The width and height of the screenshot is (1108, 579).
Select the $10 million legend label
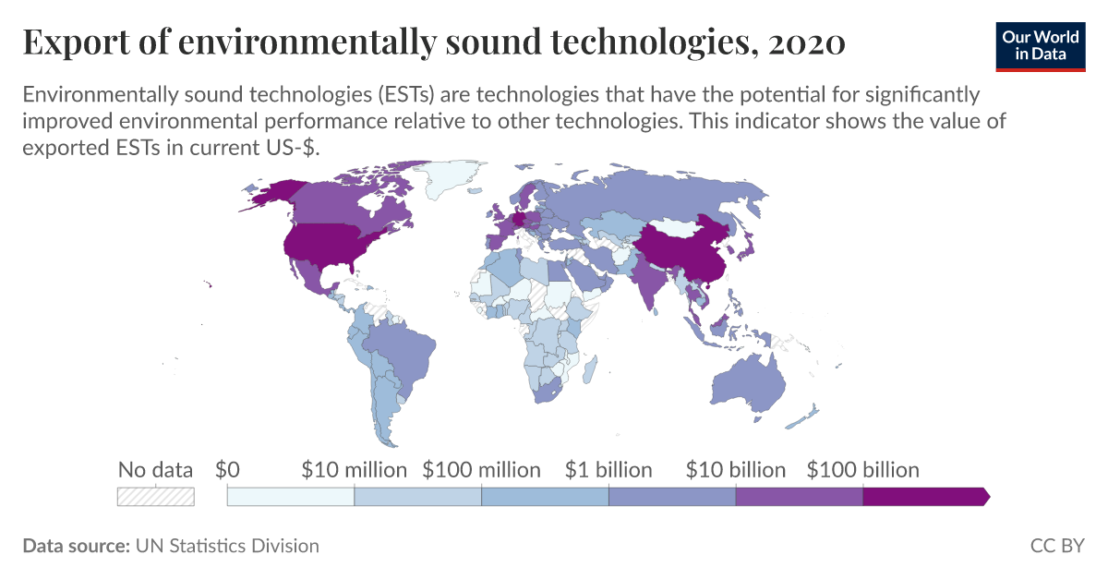[x=354, y=470]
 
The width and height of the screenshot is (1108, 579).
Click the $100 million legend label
[x=481, y=470]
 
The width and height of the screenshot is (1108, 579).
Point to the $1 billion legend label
[x=608, y=470]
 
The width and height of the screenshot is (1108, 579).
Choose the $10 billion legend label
[x=736, y=470]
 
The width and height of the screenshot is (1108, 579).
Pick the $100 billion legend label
[x=862, y=470]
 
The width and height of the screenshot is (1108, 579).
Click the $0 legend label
[x=227, y=470]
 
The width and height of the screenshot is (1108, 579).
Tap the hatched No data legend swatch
[x=155, y=497]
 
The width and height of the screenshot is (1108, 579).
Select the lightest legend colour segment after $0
[x=290, y=497]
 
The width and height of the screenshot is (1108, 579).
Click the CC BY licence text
[x=1057, y=546]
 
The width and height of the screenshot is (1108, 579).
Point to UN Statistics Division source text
[x=227, y=546]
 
